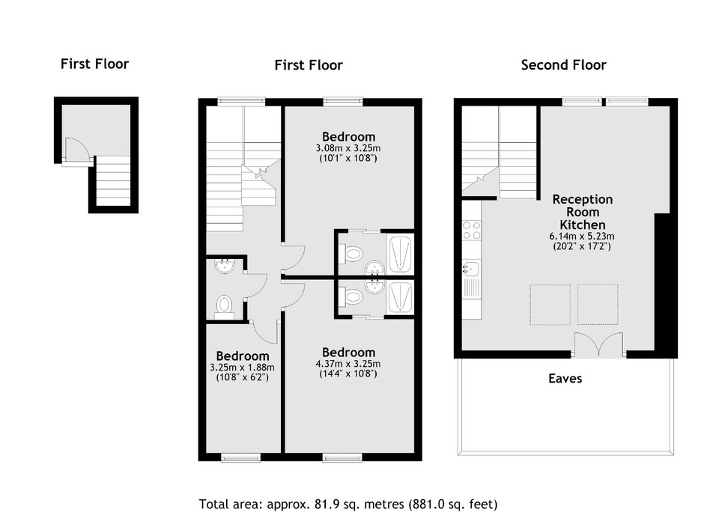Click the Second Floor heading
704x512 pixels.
coord(563,65)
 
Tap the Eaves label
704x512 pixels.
coord(565,378)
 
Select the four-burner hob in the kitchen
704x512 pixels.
coord(472,231)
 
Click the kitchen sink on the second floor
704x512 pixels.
coord(472,269)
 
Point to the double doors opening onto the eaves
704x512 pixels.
coord(599,344)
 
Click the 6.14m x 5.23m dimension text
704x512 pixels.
coord(582,236)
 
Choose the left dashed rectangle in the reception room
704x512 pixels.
coord(550,305)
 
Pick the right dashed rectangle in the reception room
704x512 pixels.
coord(598,305)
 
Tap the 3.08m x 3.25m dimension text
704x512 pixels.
coord(348,148)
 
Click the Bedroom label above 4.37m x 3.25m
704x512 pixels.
coord(348,353)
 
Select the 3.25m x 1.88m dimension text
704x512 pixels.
coord(242,368)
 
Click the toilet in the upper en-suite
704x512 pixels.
coord(351,254)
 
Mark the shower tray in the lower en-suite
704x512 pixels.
coord(401,297)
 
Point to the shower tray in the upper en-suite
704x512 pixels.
coord(401,254)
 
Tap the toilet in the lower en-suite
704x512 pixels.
coord(351,296)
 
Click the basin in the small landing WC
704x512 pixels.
coord(225,266)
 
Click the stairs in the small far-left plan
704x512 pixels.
coord(113,180)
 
